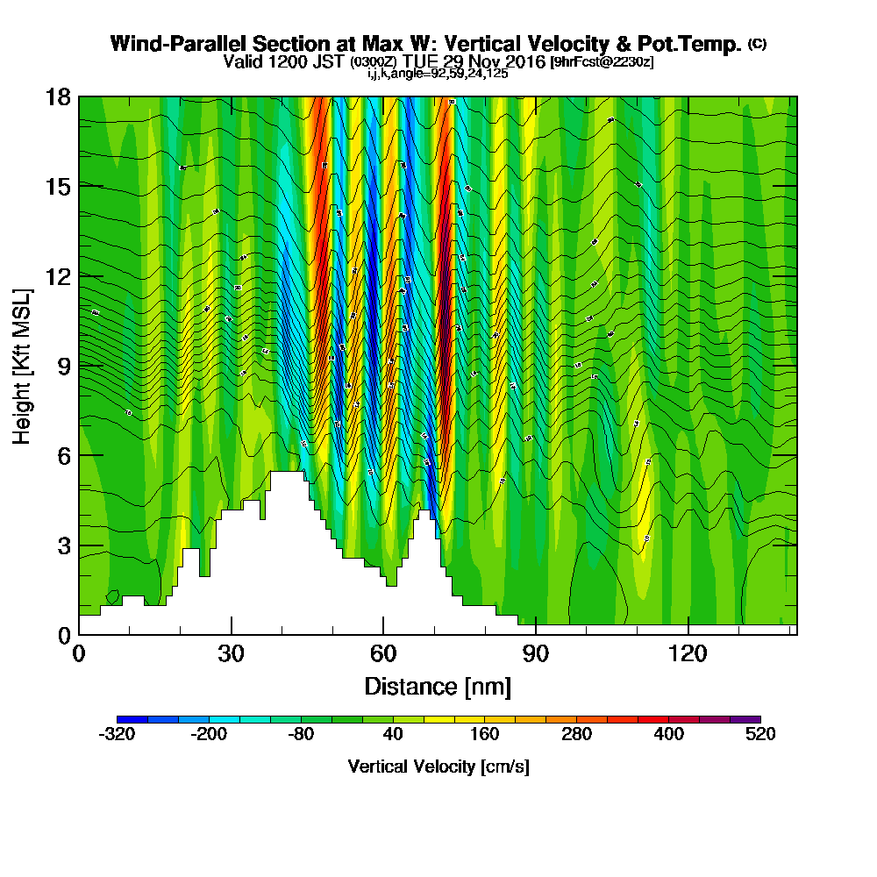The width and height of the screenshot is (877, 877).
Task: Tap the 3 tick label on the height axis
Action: point(61,545)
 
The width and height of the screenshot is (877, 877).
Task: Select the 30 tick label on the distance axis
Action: point(232,653)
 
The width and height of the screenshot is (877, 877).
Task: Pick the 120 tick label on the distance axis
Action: point(688,653)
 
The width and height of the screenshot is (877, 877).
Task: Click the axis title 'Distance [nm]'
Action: point(438,686)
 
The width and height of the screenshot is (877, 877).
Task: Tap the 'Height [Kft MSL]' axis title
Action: point(22,366)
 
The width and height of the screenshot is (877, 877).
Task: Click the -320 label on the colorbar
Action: point(118,735)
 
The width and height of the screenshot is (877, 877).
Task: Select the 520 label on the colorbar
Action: point(760,735)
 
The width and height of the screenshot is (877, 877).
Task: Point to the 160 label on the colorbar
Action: point(484,735)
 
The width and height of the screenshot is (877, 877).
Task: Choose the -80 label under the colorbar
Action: point(301,735)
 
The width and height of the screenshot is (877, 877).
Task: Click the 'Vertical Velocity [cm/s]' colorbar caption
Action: point(438,766)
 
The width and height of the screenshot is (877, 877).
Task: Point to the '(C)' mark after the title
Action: point(758,44)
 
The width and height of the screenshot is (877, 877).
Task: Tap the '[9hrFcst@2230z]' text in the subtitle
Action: point(602,62)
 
